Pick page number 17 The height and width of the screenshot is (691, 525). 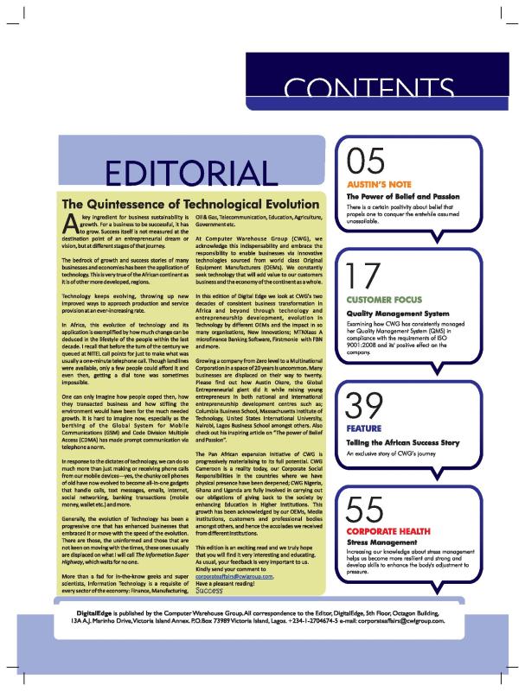[x=365, y=281]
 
